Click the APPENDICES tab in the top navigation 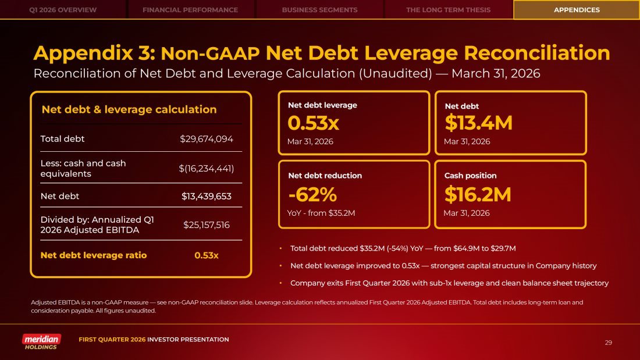pyautogui.click(x=576, y=10)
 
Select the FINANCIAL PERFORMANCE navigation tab pyautogui.click(x=190, y=10)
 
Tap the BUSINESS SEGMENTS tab pyautogui.click(x=319, y=10)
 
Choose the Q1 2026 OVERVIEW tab pyautogui.click(x=63, y=10)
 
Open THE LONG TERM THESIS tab pyautogui.click(x=448, y=10)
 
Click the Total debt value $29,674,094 pyautogui.click(x=207, y=139)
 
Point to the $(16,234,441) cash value pyautogui.click(x=207, y=168)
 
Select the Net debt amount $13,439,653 pyautogui.click(x=207, y=196)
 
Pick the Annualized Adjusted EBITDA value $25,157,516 pyautogui.click(x=207, y=224)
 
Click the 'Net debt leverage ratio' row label pyautogui.click(x=94, y=255)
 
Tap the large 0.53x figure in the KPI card pyautogui.click(x=314, y=123)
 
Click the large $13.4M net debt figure pyautogui.click(x=478, y=123)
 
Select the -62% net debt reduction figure pyautogui.click(x=312, y=194)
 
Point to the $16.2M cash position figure pyautogui.click(x=478, y=194)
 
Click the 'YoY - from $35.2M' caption pyautogui.click(x=321, y=213)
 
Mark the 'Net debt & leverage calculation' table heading pyautogui.click(x=129, y=109)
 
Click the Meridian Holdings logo pyautogui.click(x=41, y=341)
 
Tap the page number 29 pyautogui.click(x=609, y=343)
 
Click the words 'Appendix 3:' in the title pyautogui.click(x=94, y=54)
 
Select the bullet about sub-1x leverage pyautogui.click(x=449, y=283)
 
